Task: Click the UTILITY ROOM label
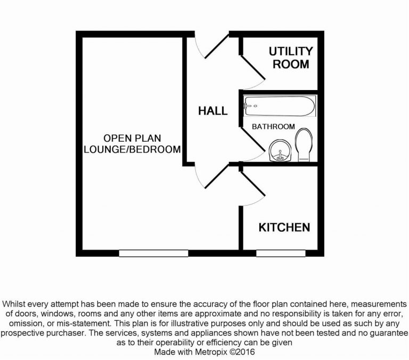(290, 58)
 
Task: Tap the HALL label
(212, 111)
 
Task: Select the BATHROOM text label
(273, 127)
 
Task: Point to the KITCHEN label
(284, 228)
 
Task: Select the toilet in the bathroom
(305, 144)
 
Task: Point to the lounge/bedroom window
(153, 253)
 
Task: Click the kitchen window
(281, 253)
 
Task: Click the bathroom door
(252, 142)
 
